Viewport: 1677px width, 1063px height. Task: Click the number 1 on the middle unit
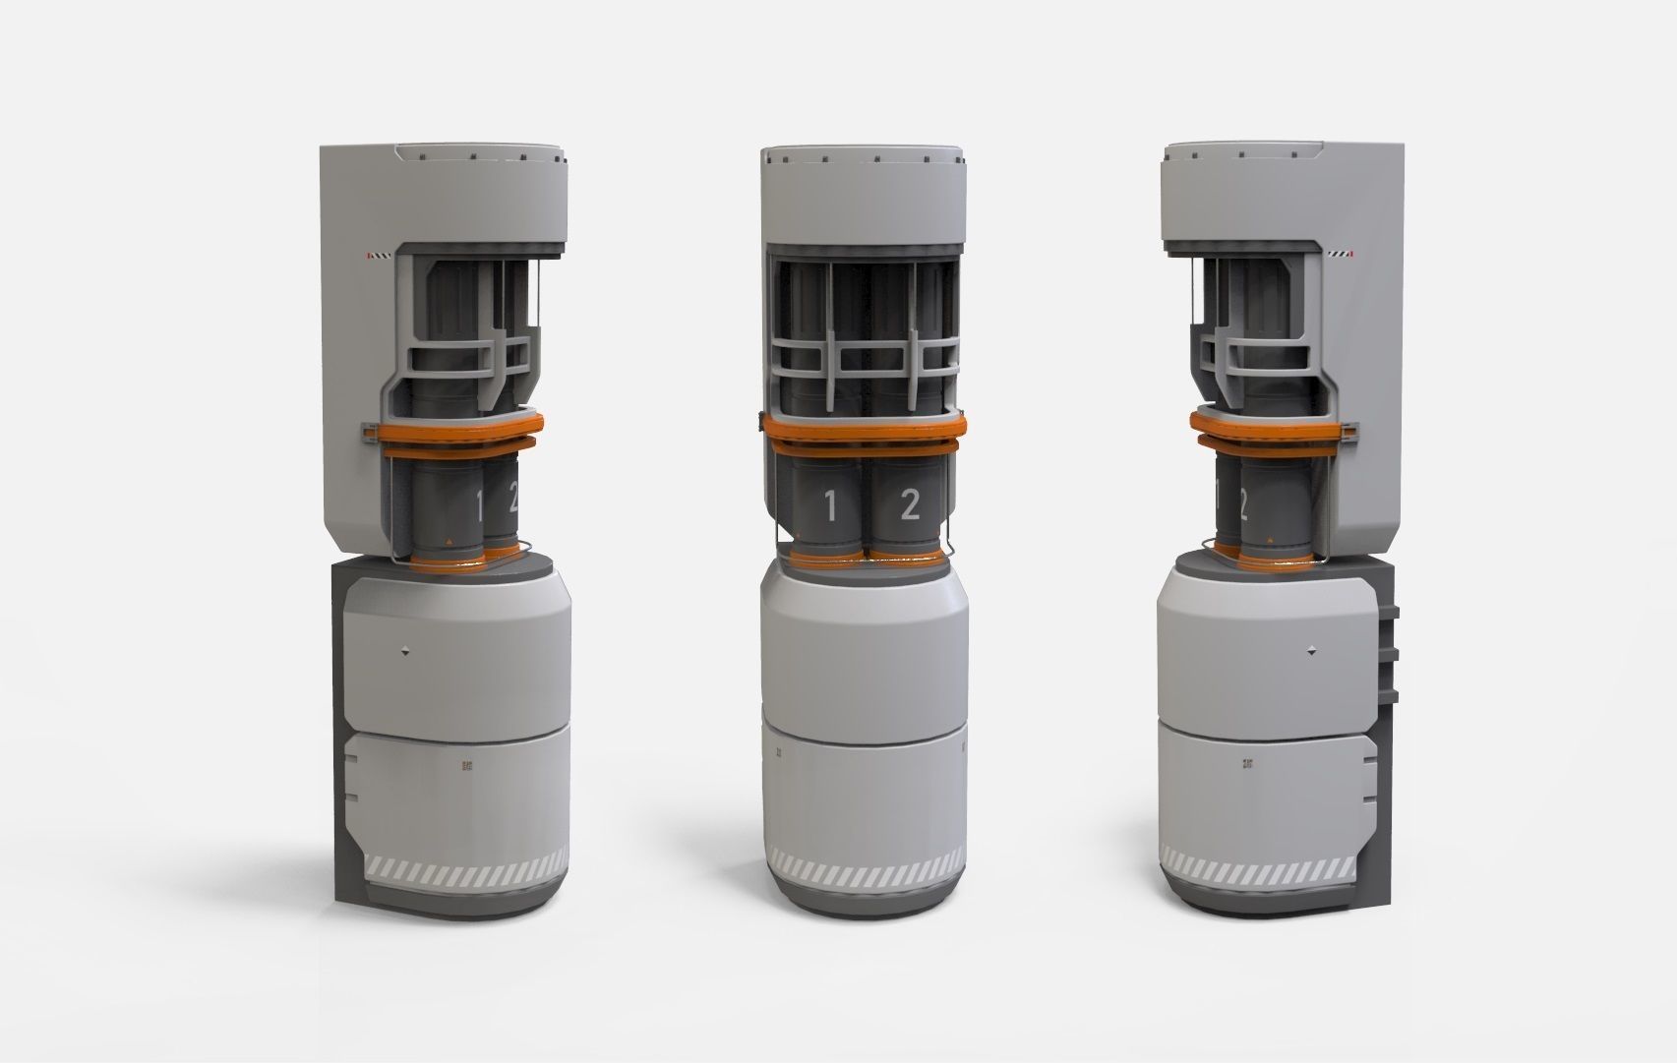[830, 506]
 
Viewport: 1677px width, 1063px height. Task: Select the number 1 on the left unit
[480, 506]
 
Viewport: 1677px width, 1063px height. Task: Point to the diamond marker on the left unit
[405, 649]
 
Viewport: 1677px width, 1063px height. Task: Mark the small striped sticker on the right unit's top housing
[1341, 254]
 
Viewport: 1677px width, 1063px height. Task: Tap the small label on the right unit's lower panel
[1249, 762]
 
